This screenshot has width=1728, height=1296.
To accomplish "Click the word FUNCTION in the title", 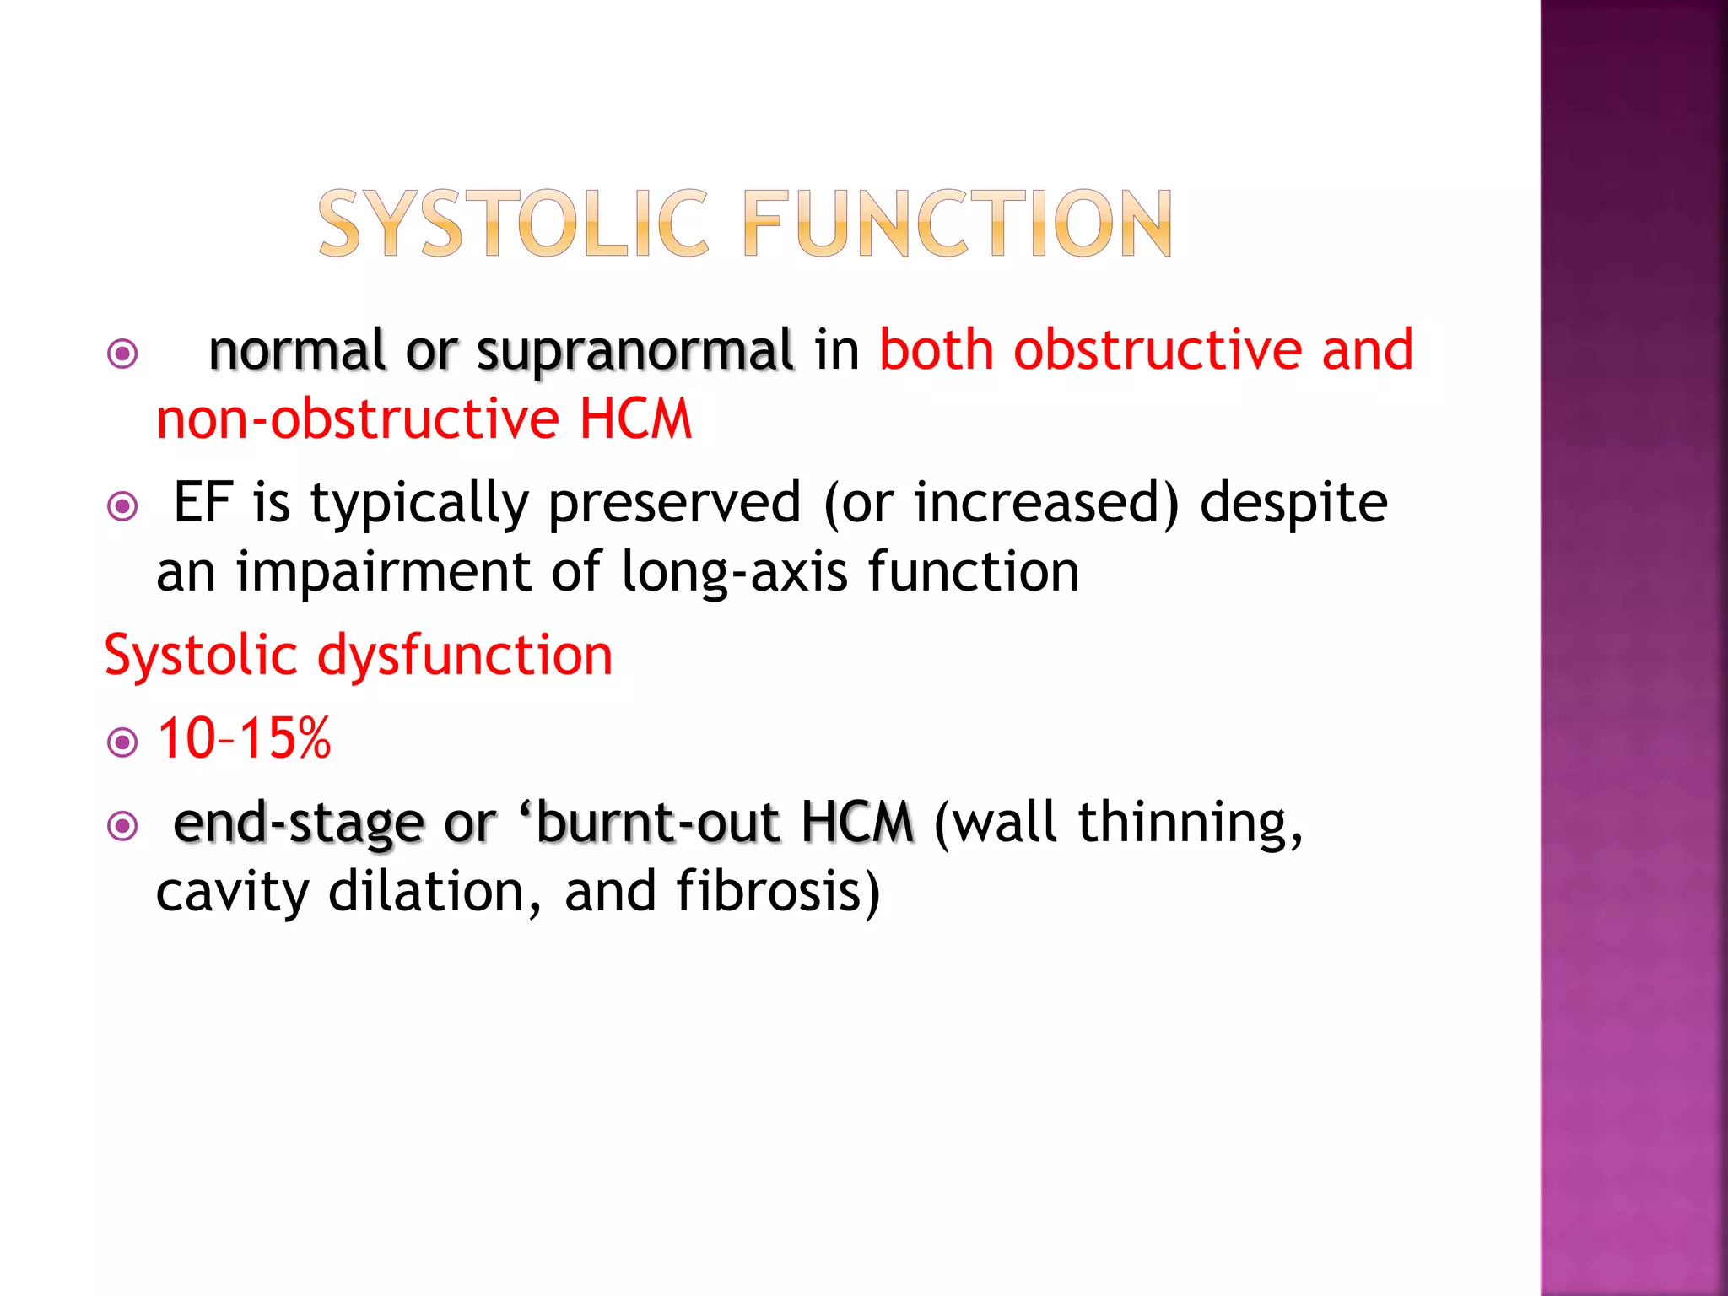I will (958, 224).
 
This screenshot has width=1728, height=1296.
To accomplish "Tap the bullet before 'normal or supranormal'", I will (123, 354).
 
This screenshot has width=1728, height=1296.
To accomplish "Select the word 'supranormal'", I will (634, 351).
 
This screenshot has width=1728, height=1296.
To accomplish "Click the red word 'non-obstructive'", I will (358, 418).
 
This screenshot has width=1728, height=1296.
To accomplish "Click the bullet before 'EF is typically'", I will (123, 506).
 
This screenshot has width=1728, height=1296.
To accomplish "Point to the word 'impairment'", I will (383, 573).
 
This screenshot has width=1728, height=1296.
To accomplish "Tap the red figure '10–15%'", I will (244, 739).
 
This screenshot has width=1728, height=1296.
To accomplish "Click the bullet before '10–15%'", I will (123, 742).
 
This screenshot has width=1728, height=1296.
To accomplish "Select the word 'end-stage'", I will (298, 823).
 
